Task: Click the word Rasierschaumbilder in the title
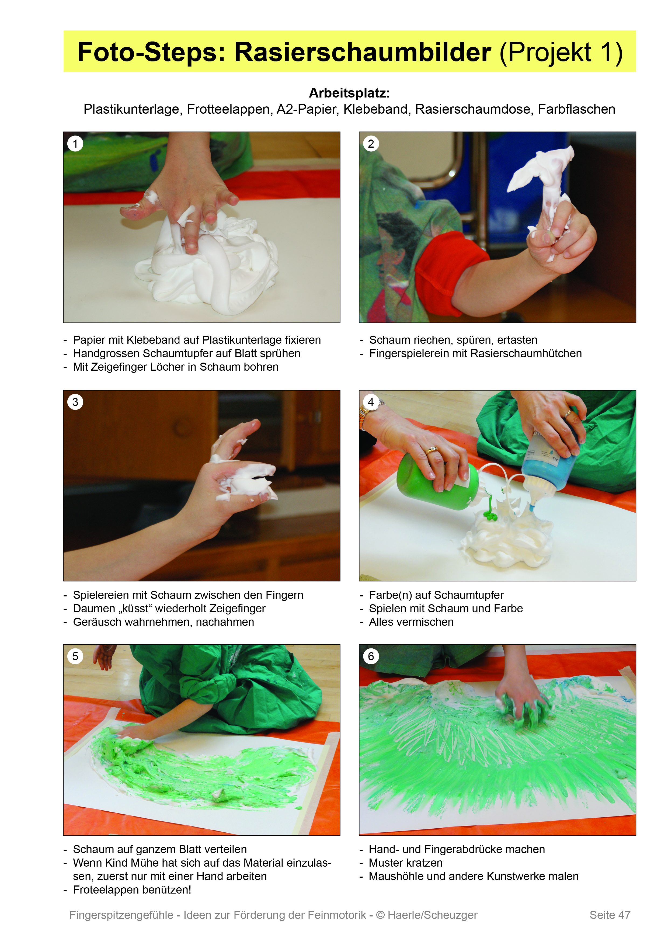(x=363, y=52)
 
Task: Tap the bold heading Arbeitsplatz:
(x=349, y=93)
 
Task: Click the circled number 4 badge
(x=371, y=402)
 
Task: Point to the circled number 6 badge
(x=371, y=656)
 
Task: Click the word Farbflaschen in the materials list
(x=577, y=109)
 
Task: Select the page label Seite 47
(x=610, y=915)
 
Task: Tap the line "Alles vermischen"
(x=411, y=622)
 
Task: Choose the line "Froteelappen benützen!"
(x=132, y=890)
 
